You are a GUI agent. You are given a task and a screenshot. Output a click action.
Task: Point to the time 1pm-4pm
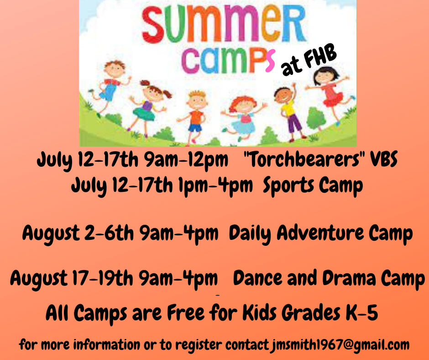(215, 185)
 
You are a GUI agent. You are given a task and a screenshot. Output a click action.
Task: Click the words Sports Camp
(313, 186)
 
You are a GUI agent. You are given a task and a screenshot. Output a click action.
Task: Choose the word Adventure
(320, 233)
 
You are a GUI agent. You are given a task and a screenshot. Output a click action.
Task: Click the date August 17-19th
(72, 278)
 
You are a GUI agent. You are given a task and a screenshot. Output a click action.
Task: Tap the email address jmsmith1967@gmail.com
(340, 344)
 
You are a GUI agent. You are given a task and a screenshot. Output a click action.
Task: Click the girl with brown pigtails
(149, 107)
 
